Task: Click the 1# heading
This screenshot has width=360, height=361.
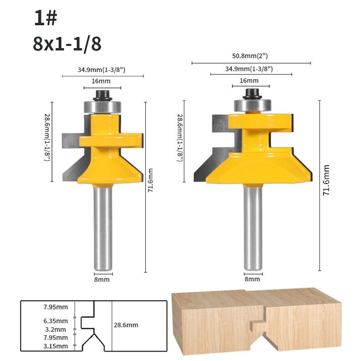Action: [46, 18]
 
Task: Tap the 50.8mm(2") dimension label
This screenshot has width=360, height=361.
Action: [250, 56]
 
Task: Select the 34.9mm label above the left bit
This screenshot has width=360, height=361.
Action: [101, 70]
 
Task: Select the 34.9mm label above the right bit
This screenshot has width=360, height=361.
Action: [249, 69]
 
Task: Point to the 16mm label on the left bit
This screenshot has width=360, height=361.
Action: [101, 81]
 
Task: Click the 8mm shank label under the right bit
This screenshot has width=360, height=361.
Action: [252, 279]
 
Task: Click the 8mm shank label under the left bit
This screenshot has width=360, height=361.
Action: [102, 280]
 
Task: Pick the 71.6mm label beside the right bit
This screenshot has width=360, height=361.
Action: [326, 180]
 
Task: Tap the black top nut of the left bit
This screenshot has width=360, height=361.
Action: [103, 95]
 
